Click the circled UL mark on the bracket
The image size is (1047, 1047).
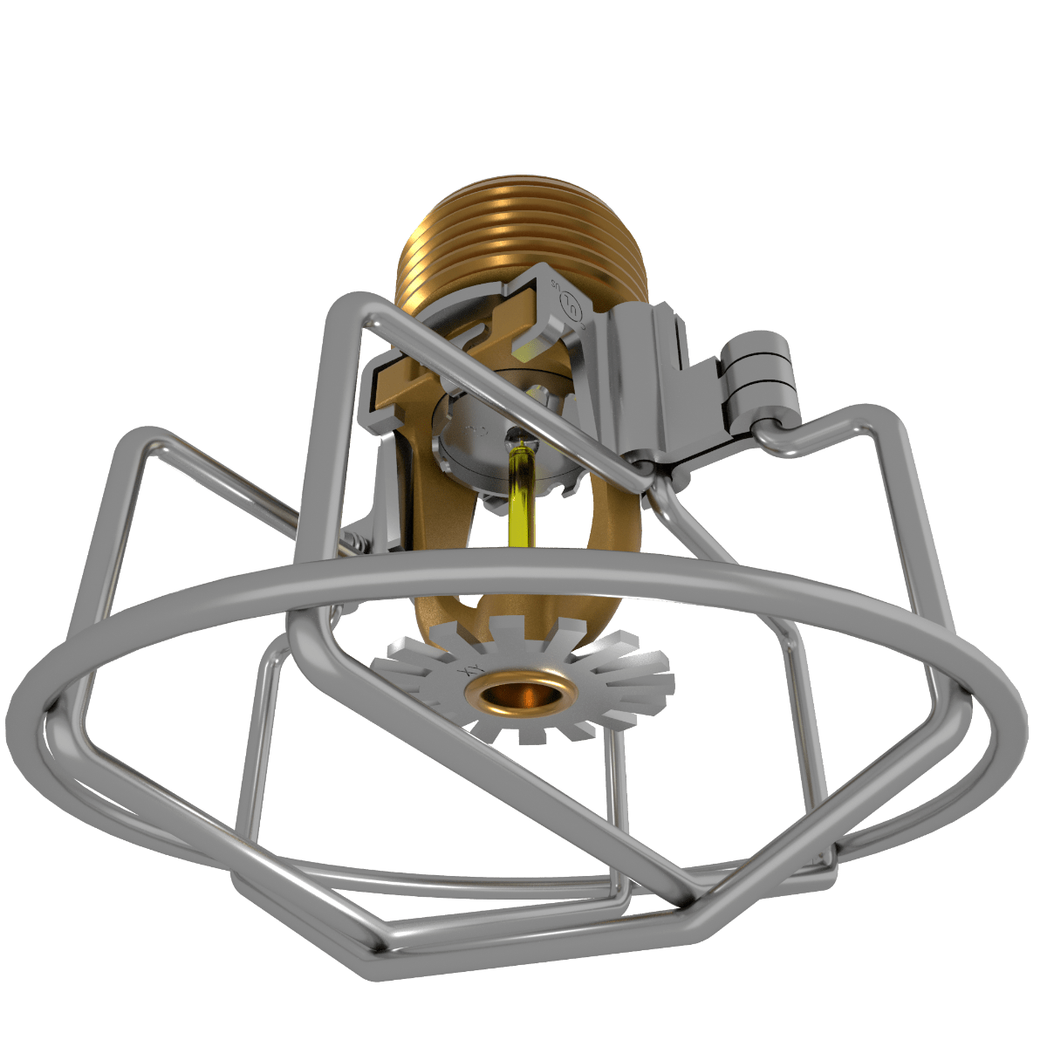tap(571, 305)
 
